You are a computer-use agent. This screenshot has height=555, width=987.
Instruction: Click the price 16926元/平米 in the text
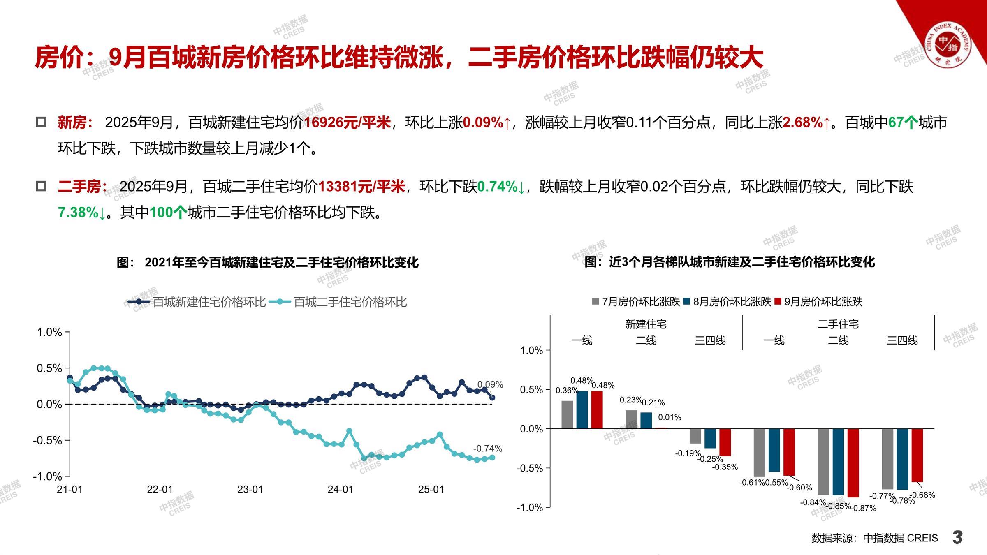click(347, 123)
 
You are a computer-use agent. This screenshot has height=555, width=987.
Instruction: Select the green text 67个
click(903, 123)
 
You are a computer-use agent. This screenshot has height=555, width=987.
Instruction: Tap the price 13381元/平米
click(362, 187)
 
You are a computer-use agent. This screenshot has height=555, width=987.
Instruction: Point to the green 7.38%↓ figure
click(82, 213)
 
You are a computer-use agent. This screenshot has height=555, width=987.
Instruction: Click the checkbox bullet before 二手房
click(41, 187)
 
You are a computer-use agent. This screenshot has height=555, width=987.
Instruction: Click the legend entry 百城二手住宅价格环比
click(350, 302)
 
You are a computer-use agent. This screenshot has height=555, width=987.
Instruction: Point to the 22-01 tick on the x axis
click(160, 489)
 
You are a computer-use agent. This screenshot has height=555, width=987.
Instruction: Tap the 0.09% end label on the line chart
click(490, 384)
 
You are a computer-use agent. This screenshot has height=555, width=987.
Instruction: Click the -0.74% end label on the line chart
click(487, 448)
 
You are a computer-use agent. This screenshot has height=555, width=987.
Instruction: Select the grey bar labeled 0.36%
click(567, 414)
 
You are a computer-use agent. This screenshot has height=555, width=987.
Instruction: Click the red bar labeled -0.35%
click(725, 442)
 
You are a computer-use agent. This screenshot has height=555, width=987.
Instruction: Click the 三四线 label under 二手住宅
click(902, 340)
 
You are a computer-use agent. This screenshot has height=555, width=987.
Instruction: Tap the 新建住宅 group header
click(646, 324)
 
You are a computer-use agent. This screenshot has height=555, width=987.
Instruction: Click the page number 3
click(958, 537)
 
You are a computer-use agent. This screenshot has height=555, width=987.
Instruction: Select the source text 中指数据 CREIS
click(900, 538)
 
